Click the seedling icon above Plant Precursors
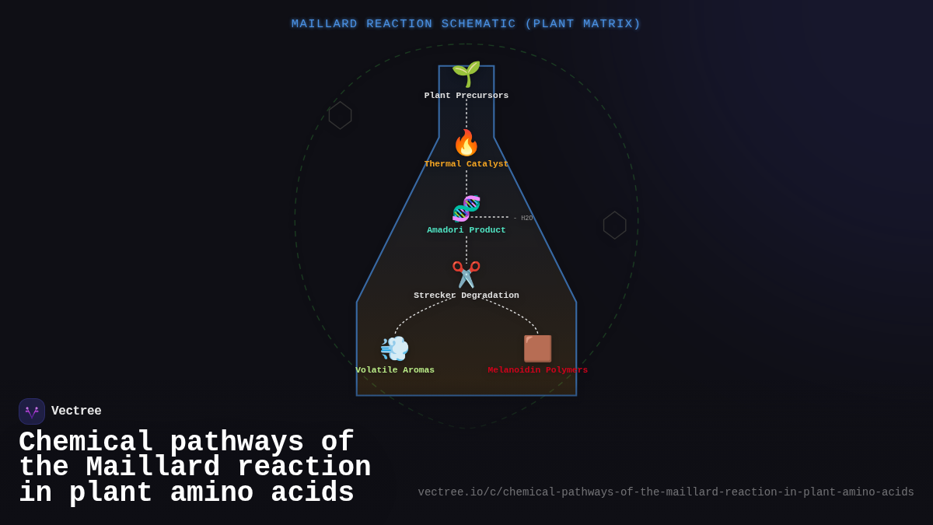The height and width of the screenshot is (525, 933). (x=466, y=74)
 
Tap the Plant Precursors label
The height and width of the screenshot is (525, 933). (x=466, y=96)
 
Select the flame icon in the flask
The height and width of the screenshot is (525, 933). (x=466, y=143)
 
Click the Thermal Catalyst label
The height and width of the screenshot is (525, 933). (x=466, y=164)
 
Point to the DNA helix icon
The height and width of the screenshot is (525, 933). (x=466, y=208)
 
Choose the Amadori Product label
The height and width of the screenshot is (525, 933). (x=466, y=230)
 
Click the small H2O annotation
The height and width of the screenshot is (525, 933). (x=526, y=219)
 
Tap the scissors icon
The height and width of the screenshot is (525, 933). (x=466, y=275)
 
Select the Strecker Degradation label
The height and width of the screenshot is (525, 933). (x=466, y=296)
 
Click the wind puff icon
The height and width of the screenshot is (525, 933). (x=394, y=348)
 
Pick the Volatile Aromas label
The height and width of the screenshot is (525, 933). (x=395, y=370)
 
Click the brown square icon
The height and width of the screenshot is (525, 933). (x=537, y=348)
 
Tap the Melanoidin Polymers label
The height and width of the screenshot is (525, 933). (x=537, y=370)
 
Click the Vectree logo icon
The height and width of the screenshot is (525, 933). (x=32, y=411)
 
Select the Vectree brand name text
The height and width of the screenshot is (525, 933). (x=76, y=411)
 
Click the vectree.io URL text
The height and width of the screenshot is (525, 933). (x=666, y=492)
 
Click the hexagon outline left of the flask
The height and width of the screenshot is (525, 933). (x=340, y=115)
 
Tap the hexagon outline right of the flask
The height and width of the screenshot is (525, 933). (x=614, y=226)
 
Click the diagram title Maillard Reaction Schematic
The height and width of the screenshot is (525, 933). (x=466, y=24)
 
